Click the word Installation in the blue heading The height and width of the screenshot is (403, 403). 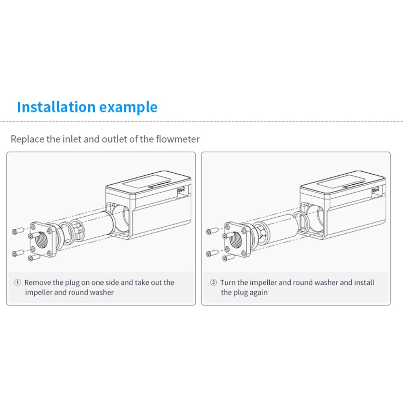(56, 107)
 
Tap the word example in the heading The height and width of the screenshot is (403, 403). (128, 107)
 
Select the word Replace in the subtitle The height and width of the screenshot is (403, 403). (28, 139)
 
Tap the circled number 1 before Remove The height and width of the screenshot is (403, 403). (17, 282)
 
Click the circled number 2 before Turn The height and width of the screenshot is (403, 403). (213, 282)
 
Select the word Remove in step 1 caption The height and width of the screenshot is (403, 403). (38, 282)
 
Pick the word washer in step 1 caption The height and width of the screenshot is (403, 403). (102, 292)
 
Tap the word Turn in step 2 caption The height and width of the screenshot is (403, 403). (228, 282)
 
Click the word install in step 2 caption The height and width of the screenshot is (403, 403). (364, 282)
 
